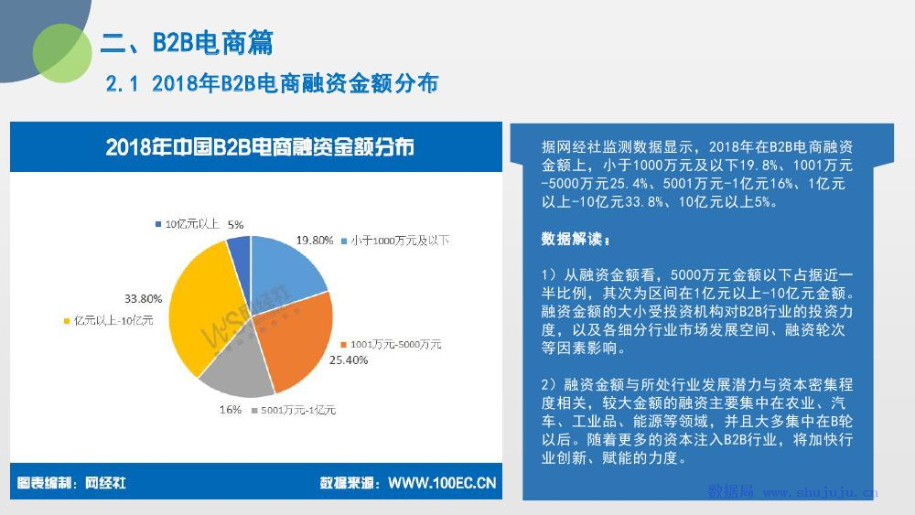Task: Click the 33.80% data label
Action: tap(143, 299)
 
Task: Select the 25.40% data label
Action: tap(349, 360)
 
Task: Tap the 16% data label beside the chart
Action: tap(231, 410)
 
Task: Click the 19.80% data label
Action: tap(315, 241)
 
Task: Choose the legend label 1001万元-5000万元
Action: tap(395, 345)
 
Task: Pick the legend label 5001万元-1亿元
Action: tap(298, 411)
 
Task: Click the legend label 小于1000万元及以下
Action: tap(400, 241)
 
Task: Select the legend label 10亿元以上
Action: tap(192, 224)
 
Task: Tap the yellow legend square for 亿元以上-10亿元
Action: tap(67, 321)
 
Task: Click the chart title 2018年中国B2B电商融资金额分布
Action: tap(260, 147)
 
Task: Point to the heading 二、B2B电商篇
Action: tap(187, 43)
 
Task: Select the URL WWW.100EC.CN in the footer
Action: tap(442, 483)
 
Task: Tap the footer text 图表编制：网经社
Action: tap(71, 483)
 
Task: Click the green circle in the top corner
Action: tap(62, 53)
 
